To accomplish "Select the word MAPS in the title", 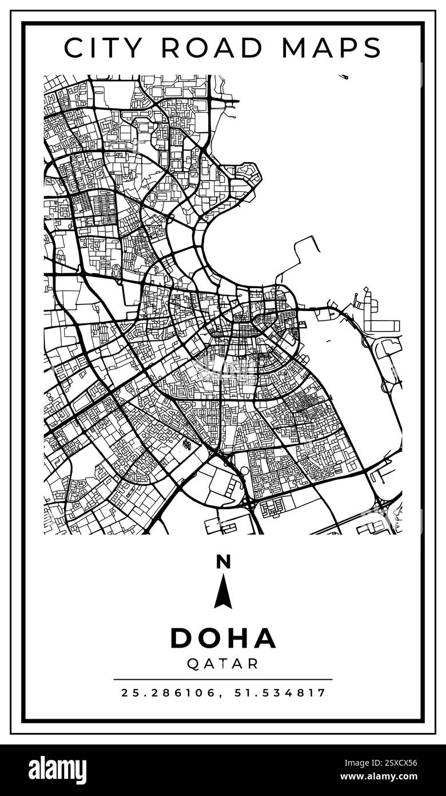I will pos(332,48).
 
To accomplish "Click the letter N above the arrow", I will pos(223,562).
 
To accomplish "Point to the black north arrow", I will pos(223,592).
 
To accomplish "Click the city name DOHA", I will pos(223,638).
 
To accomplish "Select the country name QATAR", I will pos(223,664).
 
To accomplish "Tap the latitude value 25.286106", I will pos(169,693).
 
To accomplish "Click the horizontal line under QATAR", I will pos(223,680).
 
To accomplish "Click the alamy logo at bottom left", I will pos(57,770).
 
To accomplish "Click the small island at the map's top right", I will pos(343,76).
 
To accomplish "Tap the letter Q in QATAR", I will pos(193,664).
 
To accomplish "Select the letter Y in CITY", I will pos(135,48).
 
